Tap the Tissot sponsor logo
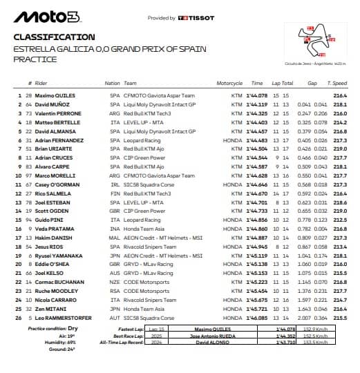[x=196, y=18]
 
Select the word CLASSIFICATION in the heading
[x=55, y=37]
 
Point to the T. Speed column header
[x=338, y=83]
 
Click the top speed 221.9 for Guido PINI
[x=339, y=220]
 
